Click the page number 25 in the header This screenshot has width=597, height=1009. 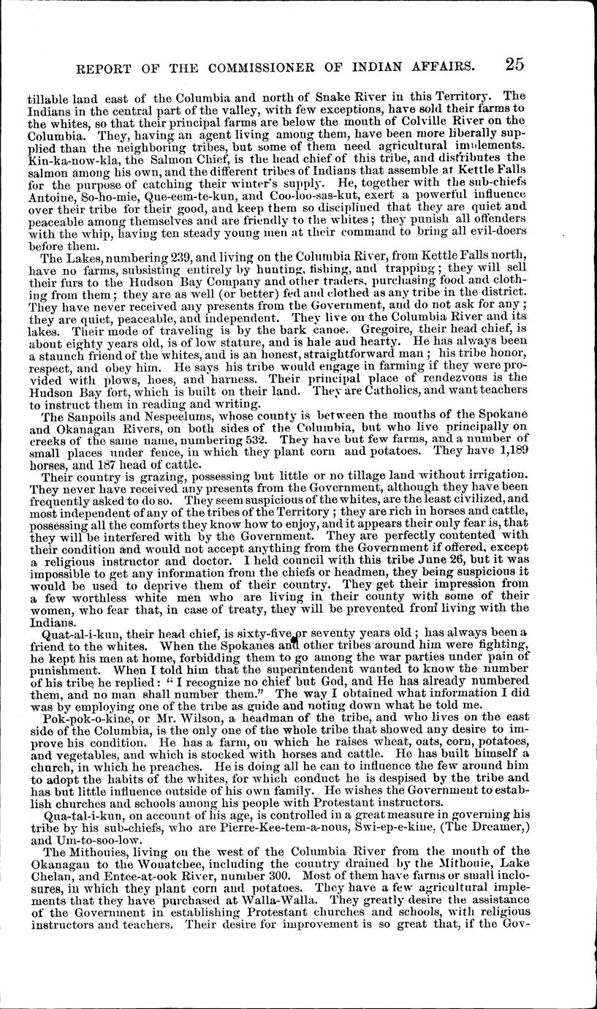click(514, 64)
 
